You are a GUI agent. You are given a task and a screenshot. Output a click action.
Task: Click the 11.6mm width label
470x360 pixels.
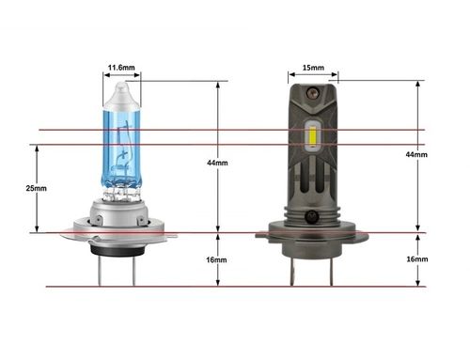click(x=120, y=68)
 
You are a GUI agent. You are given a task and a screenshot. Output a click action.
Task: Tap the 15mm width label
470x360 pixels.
click(x=313, y=68)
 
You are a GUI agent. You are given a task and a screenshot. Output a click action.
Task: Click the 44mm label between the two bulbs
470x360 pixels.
click(x=217, y=163)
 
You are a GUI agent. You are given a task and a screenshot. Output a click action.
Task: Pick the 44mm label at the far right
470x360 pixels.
click(x=415, y=153)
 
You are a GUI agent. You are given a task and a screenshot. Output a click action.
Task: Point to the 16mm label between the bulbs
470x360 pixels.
click(x=217, y=260)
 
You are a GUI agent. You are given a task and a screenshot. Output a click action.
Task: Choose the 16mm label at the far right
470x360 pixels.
click(x=415, y=260)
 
